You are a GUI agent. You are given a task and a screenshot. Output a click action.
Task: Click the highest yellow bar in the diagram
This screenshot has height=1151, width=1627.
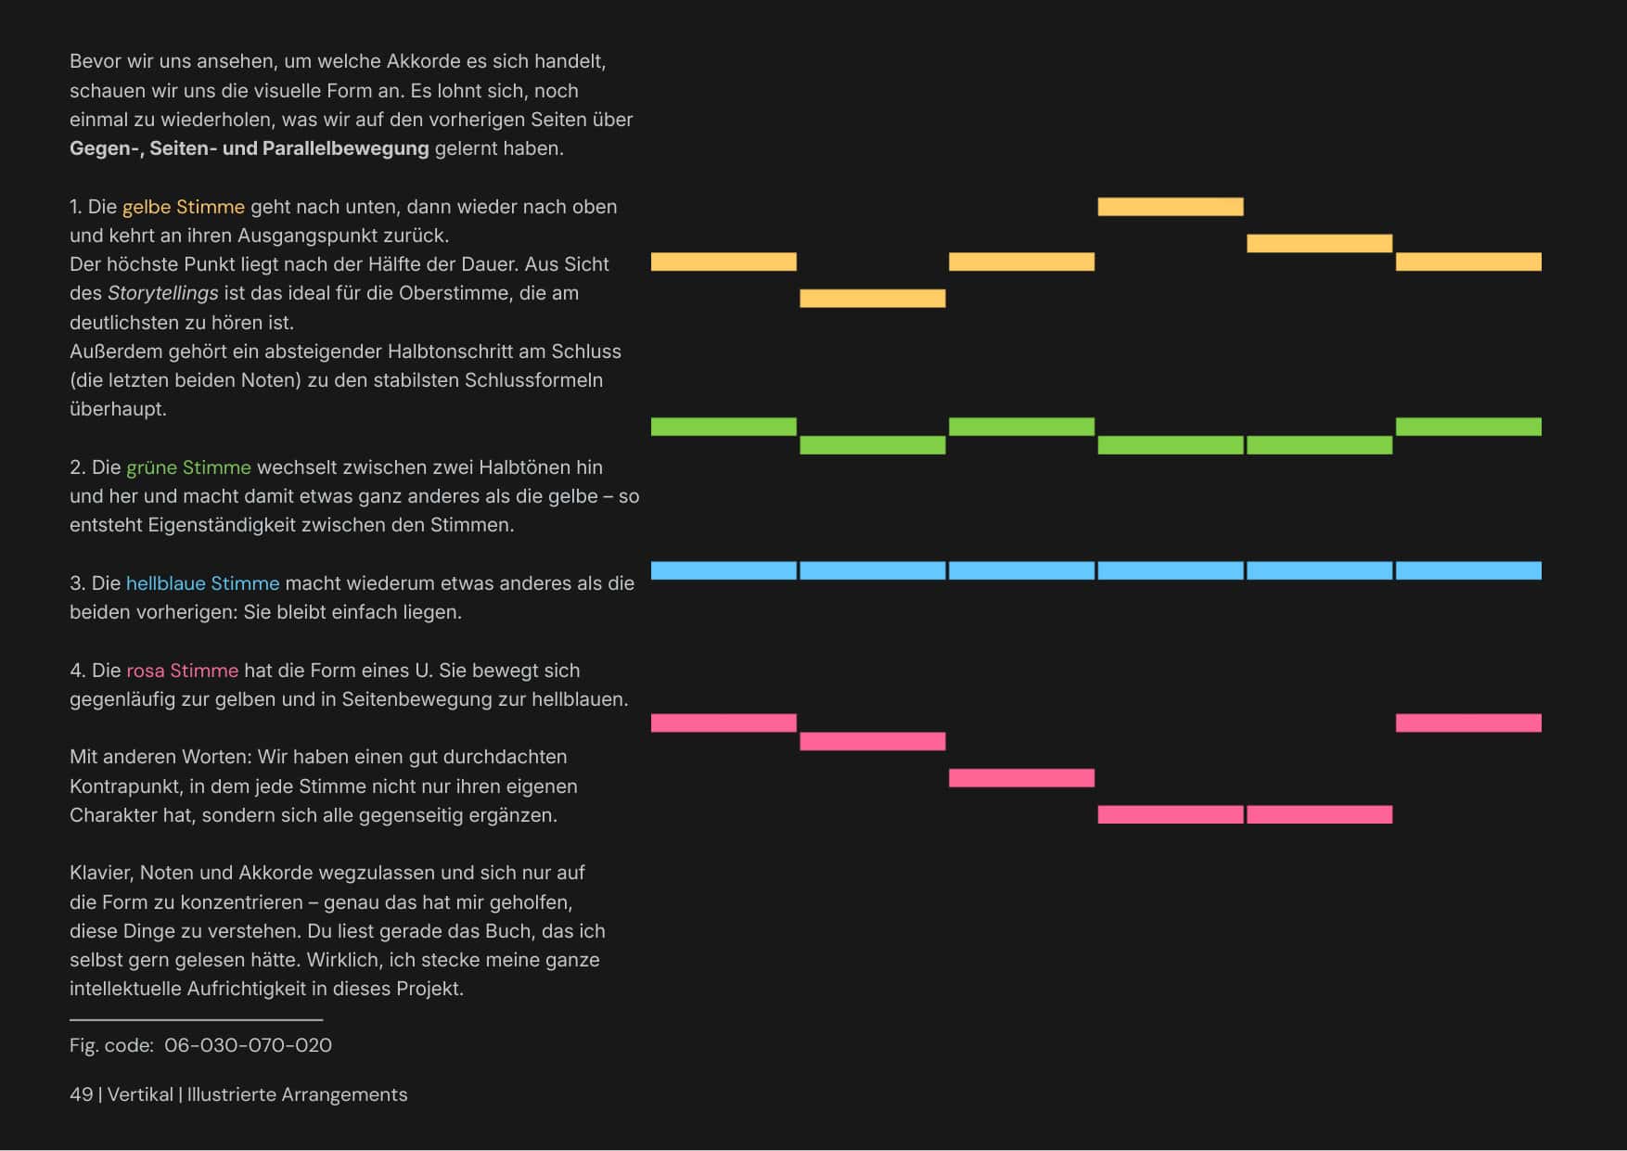click(1171, 207)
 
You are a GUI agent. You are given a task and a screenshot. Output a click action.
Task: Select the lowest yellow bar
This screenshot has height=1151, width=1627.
click(873, 298)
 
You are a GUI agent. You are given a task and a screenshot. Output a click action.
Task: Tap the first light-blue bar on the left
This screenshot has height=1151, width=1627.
click(724, 570)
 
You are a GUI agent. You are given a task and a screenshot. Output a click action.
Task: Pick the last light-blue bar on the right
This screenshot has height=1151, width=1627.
click(1468, 570)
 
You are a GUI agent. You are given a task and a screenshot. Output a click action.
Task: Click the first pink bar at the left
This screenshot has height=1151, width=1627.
click(724, 723)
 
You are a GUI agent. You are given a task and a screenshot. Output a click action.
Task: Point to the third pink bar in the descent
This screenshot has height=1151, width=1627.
click(1021, 778)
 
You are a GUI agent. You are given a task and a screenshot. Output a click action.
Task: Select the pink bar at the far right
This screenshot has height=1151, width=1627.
click(1468, 723)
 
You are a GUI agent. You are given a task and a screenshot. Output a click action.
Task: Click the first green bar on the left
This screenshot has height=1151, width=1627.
click(724, 427)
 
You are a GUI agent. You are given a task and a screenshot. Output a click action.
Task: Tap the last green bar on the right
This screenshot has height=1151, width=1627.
click(1468, 427)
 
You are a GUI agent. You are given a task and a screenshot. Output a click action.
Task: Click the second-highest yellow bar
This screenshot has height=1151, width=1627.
click(1319, 243)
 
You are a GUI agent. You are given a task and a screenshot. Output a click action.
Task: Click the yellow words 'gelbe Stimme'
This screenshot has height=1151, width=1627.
click(184, 207)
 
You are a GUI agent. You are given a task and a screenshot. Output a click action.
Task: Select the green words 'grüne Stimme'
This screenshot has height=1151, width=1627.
click(188, 467)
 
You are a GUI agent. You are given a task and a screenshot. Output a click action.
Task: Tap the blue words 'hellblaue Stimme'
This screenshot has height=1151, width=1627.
click(202, 583)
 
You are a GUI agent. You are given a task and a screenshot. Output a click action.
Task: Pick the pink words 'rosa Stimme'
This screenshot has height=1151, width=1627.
click(182, 671)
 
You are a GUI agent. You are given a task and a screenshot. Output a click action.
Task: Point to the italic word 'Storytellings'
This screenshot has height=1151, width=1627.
click(163, 294)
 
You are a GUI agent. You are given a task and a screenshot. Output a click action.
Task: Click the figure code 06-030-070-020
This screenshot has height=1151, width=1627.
click(248, 1045)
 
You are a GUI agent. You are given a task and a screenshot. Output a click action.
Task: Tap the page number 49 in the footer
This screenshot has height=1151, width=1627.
click(81, 1094)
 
